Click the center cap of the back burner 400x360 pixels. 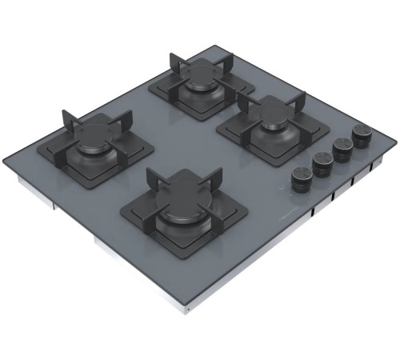pyautogui.click(x=201, y=79)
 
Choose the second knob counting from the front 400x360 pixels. pyautogui.click(x=323, y=163)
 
